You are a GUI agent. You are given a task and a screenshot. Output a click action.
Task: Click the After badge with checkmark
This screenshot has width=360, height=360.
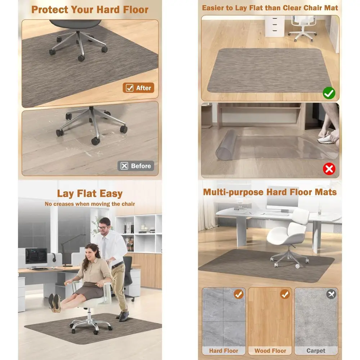(138, 88)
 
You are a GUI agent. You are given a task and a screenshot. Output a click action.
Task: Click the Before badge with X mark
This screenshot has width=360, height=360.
(136, 166)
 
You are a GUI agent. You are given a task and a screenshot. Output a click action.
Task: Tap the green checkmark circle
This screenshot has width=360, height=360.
(329, 93)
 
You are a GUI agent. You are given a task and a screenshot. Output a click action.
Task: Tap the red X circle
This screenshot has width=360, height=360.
(329, 169)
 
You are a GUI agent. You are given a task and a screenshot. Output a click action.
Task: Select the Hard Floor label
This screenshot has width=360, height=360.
(224, 351)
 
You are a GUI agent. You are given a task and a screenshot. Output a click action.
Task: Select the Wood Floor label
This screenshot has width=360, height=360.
(270, 351)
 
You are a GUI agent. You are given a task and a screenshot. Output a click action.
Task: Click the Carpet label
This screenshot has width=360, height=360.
(316, 351)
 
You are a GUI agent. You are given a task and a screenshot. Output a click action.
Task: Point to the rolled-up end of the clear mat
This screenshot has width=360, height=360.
(226, 145)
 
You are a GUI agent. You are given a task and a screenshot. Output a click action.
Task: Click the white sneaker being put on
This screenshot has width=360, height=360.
(326, 139)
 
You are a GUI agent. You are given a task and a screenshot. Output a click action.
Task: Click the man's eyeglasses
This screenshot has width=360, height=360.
(103, 228)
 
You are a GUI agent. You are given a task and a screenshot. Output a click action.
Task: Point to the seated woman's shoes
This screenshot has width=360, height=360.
(54, 303)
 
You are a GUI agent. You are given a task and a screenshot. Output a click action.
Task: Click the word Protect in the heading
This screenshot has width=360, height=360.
(50, 10)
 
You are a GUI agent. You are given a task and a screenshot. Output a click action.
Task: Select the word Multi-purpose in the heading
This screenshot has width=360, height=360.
(233, 192)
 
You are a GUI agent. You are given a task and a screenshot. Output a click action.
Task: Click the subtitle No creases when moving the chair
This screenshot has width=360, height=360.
(90, 204)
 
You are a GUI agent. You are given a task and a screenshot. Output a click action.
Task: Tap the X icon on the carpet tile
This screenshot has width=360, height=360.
(331, 294)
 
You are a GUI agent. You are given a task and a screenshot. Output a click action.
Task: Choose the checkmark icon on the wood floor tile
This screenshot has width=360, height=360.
(285, 294)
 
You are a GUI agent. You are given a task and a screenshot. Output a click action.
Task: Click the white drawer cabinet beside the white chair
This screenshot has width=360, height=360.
(275, 26)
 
